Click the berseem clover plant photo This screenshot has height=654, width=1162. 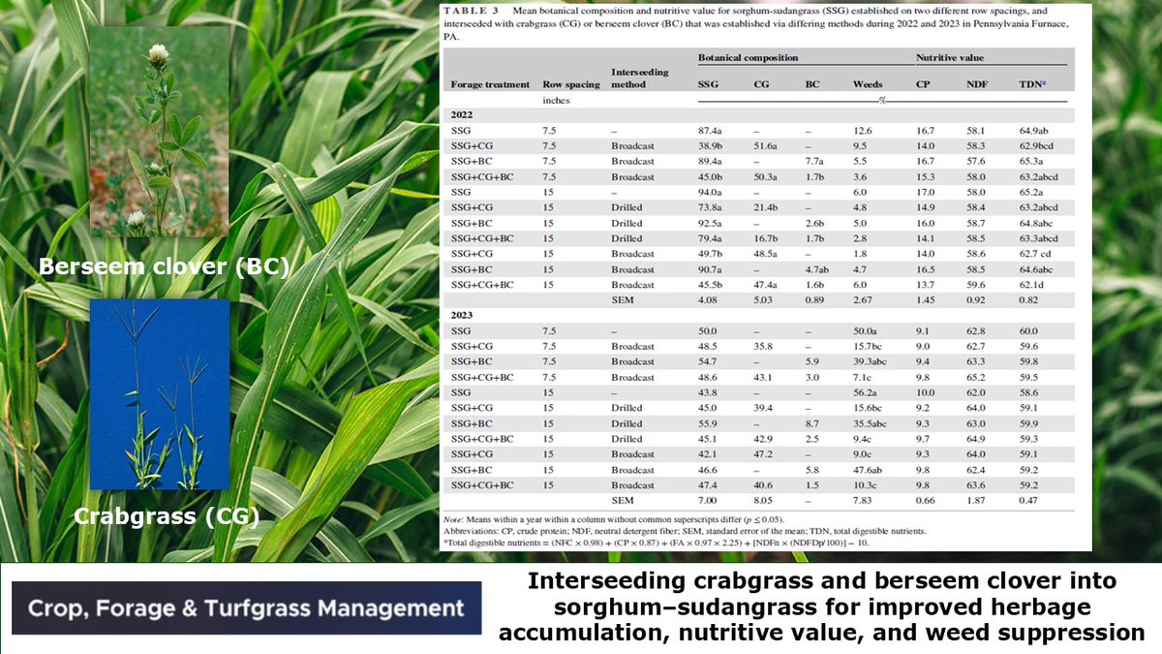pos(160,132)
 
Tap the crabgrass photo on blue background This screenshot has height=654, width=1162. pos(160,394)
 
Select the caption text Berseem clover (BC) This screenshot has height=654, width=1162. pos(164,266)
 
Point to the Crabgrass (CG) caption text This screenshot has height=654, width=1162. pos(168,516)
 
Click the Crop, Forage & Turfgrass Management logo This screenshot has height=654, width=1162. pos(246,608)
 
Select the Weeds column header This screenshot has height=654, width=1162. pos(867,84)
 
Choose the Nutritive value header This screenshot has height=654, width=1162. pos(949,59)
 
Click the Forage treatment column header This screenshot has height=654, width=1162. pos(490,84)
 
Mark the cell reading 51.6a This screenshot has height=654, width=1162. pos(768,145)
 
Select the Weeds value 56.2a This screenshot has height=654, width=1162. pos(867,392)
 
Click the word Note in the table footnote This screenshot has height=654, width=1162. pos(452,520)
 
